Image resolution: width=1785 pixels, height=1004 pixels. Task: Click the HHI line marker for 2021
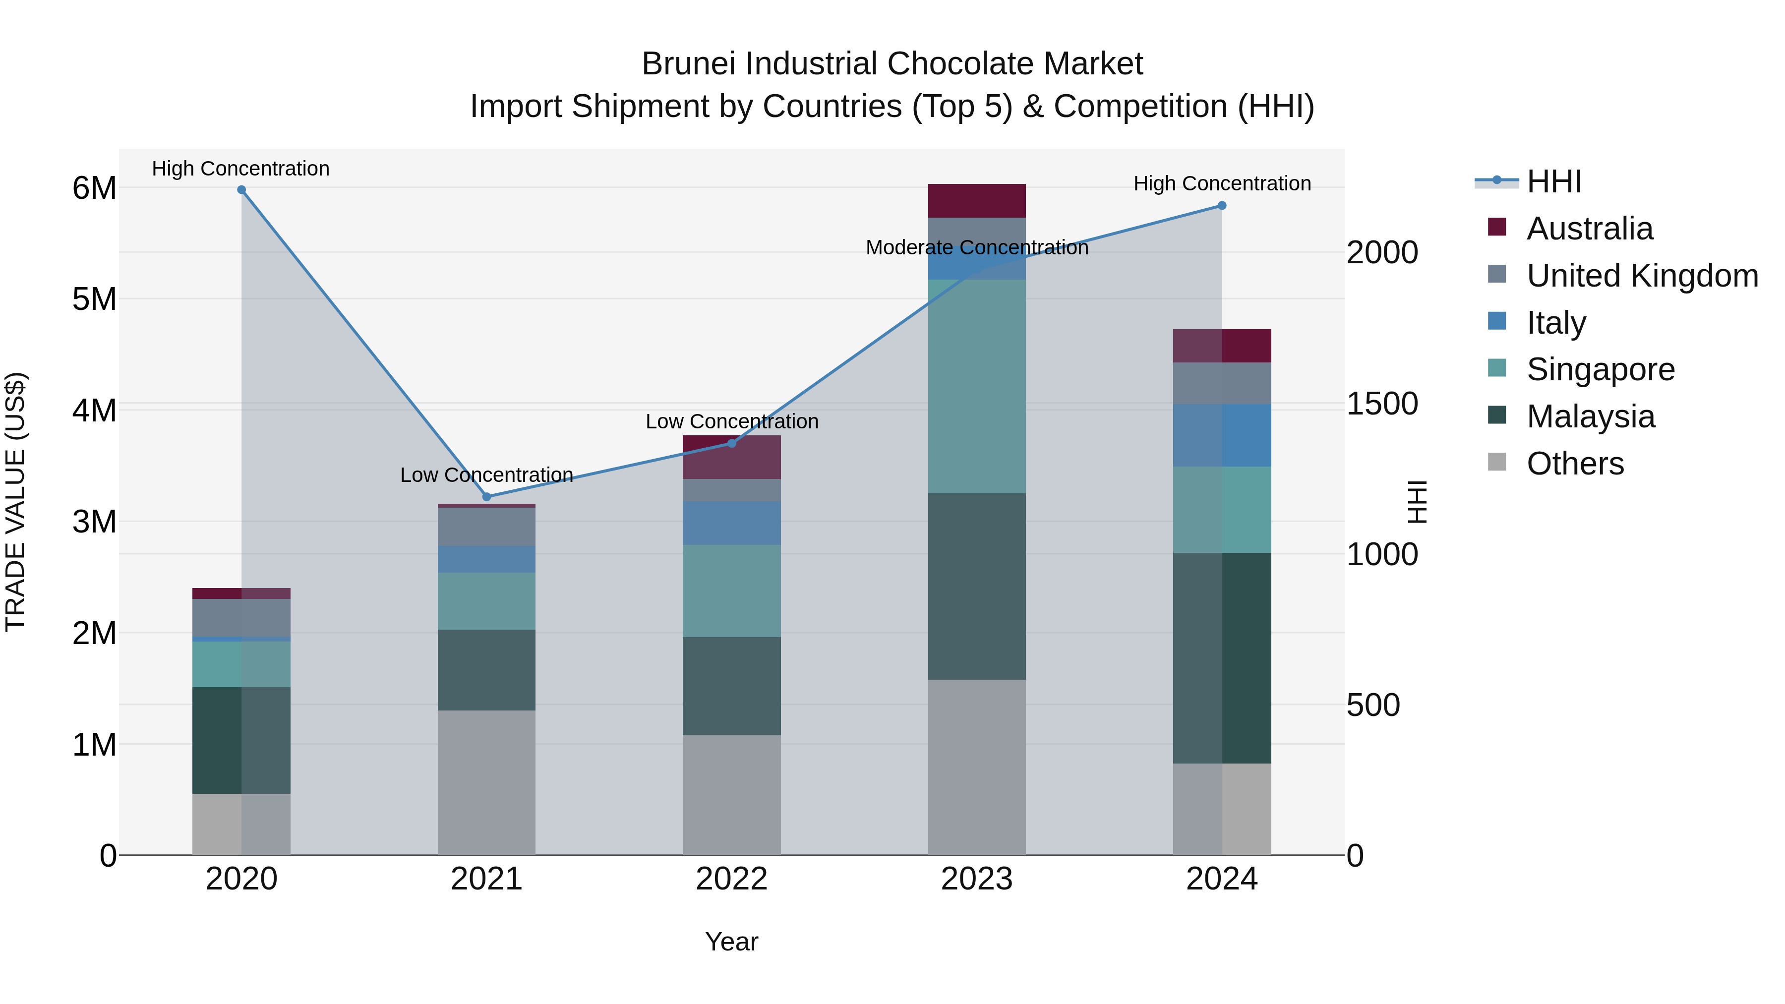486,497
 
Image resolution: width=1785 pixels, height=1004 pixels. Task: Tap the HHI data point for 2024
1222,206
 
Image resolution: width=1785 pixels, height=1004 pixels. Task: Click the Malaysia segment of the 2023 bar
976,586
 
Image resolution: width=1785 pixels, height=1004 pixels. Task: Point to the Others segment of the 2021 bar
486,782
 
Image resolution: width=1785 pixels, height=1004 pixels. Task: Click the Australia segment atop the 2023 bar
976,201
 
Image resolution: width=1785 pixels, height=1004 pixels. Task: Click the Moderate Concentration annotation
976,247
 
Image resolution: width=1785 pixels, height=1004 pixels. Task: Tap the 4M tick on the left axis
94,410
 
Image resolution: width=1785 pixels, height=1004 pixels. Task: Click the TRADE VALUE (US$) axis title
15,502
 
